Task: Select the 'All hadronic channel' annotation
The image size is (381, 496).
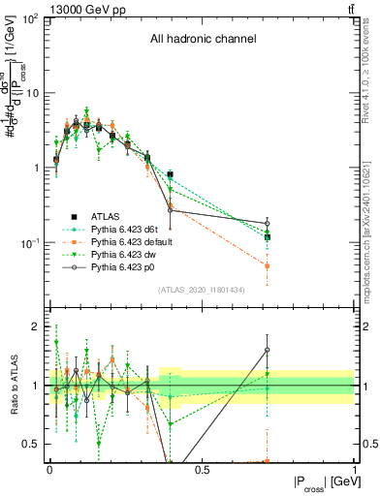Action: (202, 39)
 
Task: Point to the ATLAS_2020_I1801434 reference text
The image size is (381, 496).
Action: (201, 290)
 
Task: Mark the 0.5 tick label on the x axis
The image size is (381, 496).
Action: (202, 470)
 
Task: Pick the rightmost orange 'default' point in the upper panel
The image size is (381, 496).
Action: (267, 265)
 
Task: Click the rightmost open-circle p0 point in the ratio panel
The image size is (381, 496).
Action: (267, 350)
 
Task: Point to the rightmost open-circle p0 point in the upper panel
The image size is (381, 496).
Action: (267, 223)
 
